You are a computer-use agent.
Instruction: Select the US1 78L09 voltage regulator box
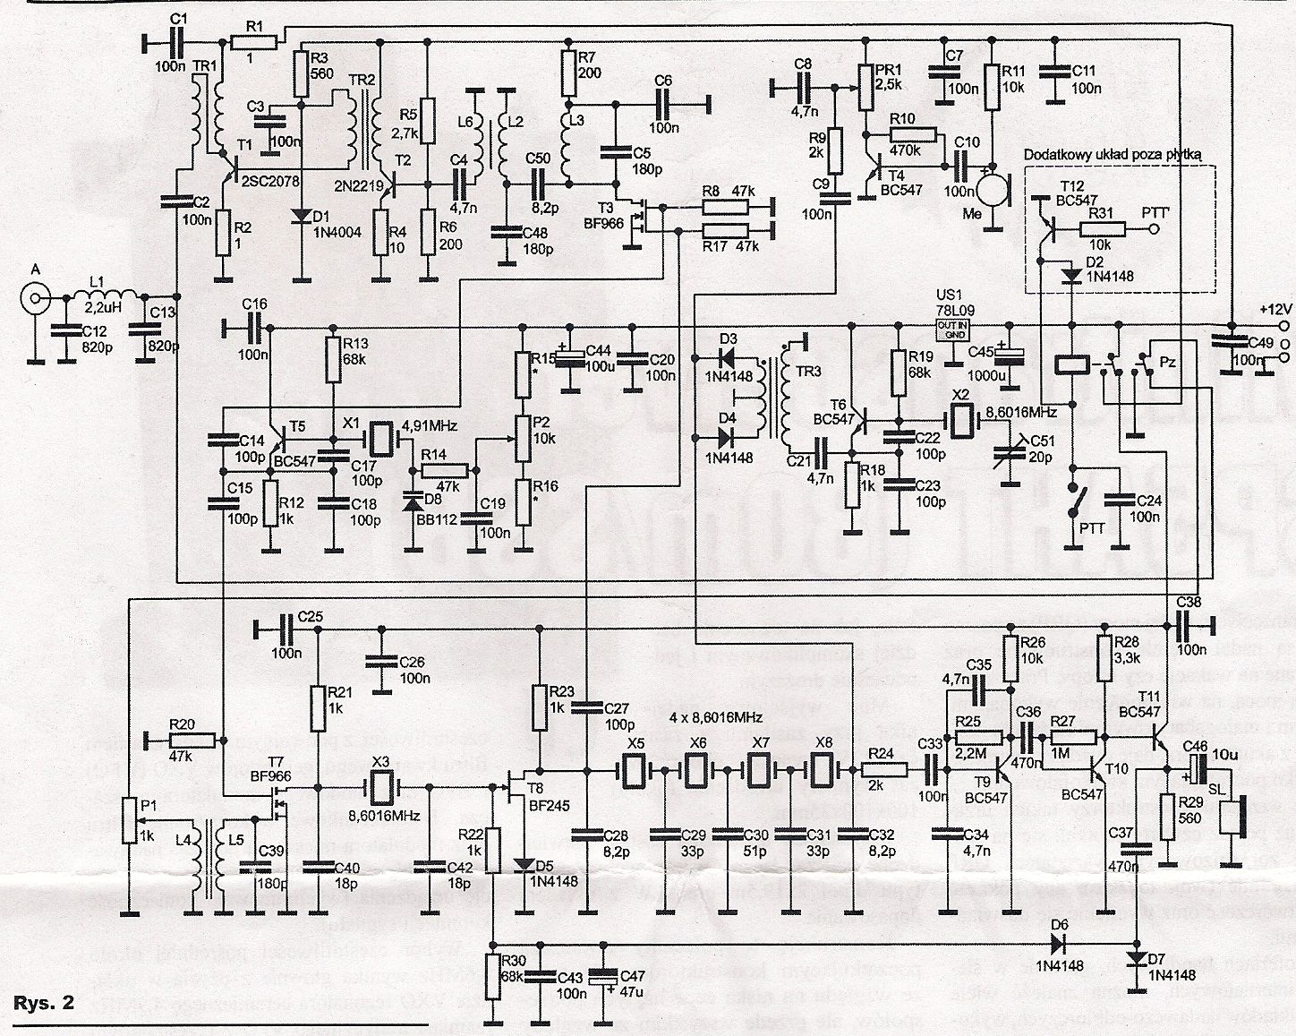(x=954, y=329)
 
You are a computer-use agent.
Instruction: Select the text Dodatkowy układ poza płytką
(x=1119, y=153)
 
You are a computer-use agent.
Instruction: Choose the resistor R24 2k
(x=885, y=768)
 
